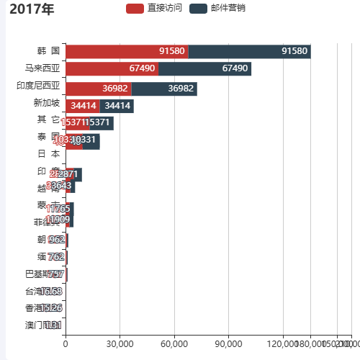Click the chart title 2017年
point(32,9)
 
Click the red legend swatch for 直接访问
point(135,9)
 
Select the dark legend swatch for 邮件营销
point(199,9)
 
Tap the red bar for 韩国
point(127,51)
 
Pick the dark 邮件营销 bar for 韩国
point(249,51)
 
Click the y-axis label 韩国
point(48,51)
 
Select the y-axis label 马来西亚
point(42,69)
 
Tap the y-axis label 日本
point(48,154)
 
